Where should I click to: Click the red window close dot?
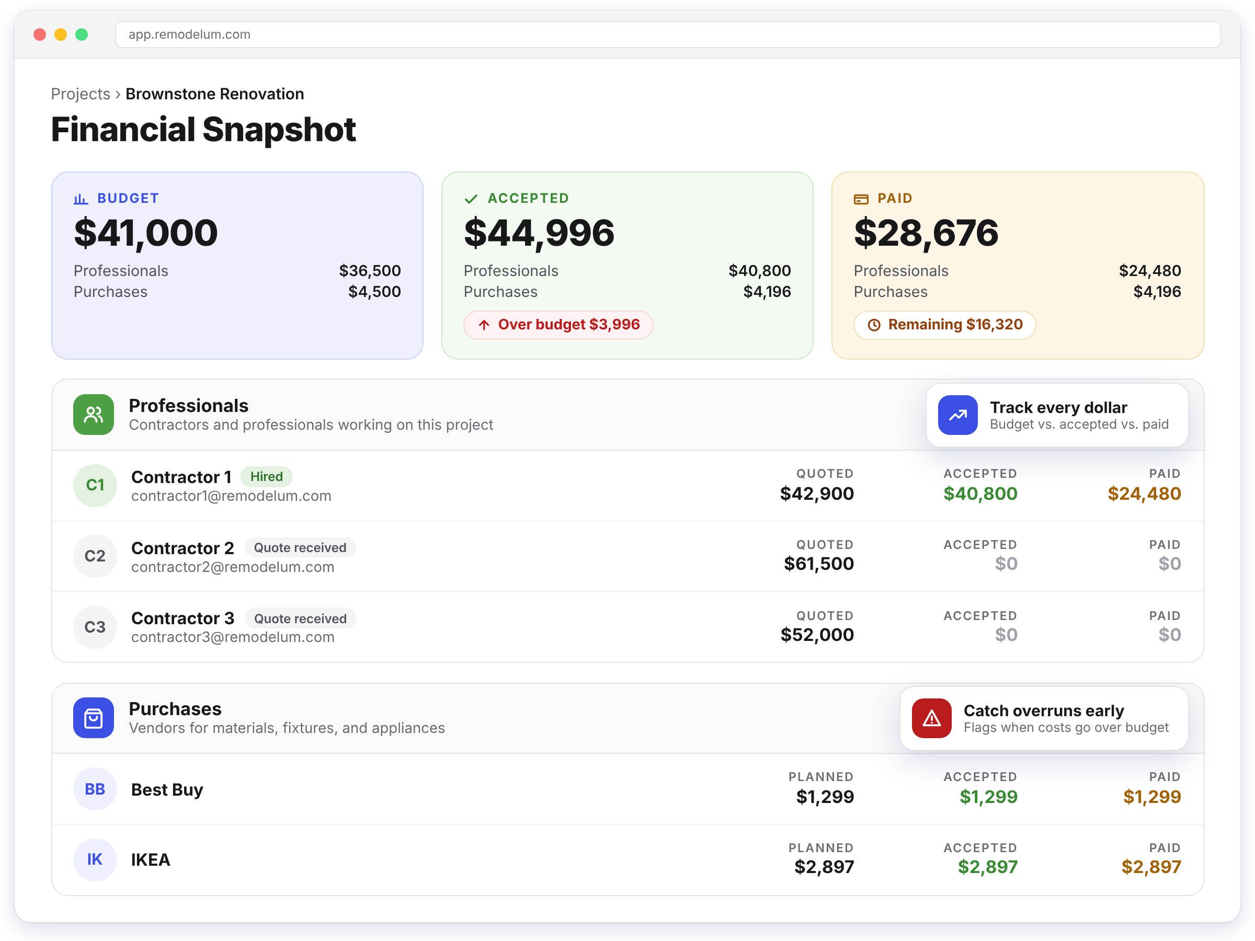pyautogui.click(x=40, y=35)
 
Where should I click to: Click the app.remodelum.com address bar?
pyautogui.click(x=668, y=35)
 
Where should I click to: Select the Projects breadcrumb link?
pyautogui.click(x=81, y=94)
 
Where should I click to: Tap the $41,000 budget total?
pyautogui.click(x=146, y=233)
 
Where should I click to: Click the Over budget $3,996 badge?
pyautogui.click(x=558, y=325)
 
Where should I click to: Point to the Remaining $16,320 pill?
pyautogui.click(x=945, y=325)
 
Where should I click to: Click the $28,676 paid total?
pyautogui.click(x=926, y=233)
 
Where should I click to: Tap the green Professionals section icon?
pyautogui.click(x=94, y=415)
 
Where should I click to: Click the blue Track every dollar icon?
pyautogui.click(x=957, y=415)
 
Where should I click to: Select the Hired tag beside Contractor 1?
pyautogui.click(x=267, y=476)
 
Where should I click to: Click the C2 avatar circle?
pyautogui.click(x=95, y=556)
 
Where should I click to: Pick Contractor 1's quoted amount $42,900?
pyautogui.click(x=817, y=494)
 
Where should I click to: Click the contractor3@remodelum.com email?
pyautogui.click(x=233, y=637)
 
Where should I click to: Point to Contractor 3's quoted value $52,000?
pyautogui.click(x=817, y=635)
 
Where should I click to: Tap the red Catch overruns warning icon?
pyautogui.click(x=932, y=718)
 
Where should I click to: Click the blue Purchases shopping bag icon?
pyautogui.click(x=94, y=718)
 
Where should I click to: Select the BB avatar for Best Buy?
pyautogui.click(x=95, y=789)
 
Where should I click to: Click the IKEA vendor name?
pyautogui.click(x=151, y=860)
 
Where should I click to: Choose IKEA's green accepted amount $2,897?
pyautogui.click(x=988, y=867)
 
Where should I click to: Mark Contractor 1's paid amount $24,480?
pyautogui.click(x=1144, y=494)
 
